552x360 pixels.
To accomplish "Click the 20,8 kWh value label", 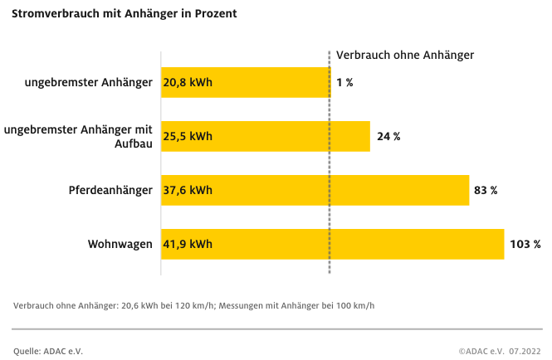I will tap(188, 83).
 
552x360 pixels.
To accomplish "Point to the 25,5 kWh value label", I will tap(188, 136).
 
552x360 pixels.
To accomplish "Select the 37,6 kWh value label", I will tap(188, 190).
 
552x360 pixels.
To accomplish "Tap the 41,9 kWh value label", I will tap(188, 244).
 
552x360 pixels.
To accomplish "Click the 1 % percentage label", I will tap(344, 83).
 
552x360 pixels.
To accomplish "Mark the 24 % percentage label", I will tap(388, 136).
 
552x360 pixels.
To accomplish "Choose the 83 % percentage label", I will tap(486, 190).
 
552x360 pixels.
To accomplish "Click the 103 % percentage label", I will tap(525, 244).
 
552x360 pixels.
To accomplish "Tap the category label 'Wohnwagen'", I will tap(120, 244).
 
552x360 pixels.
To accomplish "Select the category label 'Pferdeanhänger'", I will tap(110, 190).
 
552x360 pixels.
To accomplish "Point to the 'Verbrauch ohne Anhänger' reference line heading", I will tap(404, 55).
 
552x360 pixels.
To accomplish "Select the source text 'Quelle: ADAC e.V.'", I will tap(48, 351).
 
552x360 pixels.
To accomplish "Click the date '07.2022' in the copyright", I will tap(525, 351).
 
